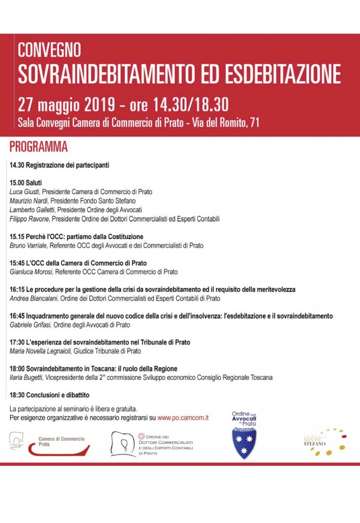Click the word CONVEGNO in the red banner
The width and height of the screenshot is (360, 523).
click(50, 50)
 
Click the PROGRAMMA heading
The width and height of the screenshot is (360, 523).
click(38, 147)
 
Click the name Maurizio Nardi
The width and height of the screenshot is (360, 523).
click(29, 201)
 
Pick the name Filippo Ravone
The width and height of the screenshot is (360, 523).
click(29, 219)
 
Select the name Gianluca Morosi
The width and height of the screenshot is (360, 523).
click(31, 272)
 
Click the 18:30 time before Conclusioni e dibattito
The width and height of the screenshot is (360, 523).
click(17, 395)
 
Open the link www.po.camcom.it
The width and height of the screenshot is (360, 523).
click(183, 418)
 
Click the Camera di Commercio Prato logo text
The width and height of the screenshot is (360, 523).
click(62, 442)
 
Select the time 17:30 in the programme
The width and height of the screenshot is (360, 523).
click(17, 342)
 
